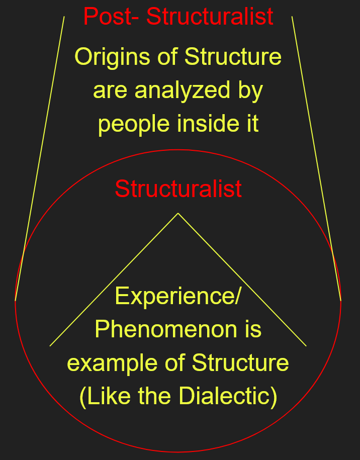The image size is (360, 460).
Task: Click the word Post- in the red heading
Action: pyautogui.click(x=112, y=17)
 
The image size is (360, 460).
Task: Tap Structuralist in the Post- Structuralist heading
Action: pyautogui.click(x=210, y=17)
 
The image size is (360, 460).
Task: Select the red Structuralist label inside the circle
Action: pyautogui.click(x=178, y=189)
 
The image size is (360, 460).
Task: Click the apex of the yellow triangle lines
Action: pyautogui.click(x=178, y=214)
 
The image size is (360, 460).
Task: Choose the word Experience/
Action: pyautogui.click(x=178, y=296)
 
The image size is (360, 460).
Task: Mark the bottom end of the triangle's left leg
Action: pyautogui.click(x=50, y=346)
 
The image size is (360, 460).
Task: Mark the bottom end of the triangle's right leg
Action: pyautogui.click(x=306, y=346)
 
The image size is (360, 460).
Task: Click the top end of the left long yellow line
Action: pyautogui.click(x=64, y=17)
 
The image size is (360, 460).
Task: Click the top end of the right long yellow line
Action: pyautogui.click(x=292, y=17)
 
